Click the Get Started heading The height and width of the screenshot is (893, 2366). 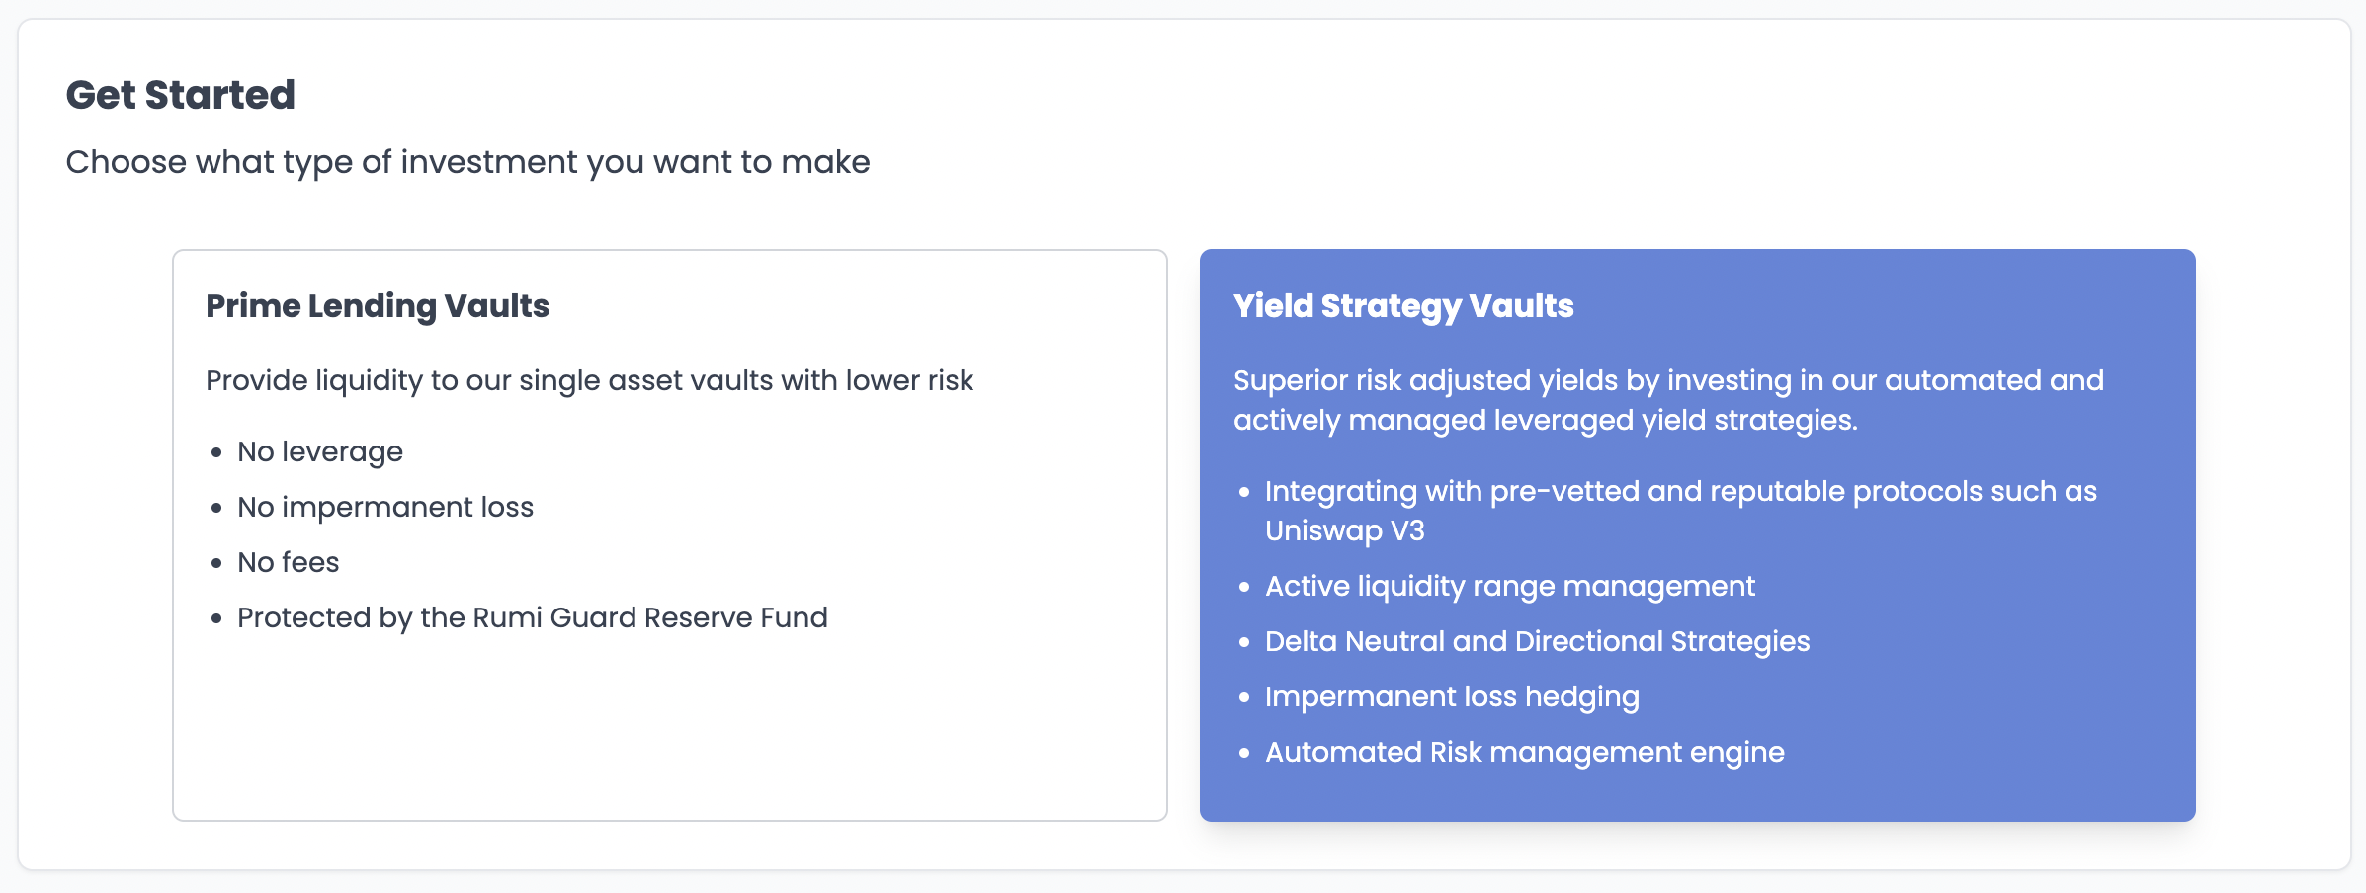[x=181, y=95]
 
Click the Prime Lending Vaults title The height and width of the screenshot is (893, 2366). [x=378, y=306]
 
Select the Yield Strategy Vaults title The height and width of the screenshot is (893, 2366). [x=1403, y=306]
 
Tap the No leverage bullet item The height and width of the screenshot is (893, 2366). [x=320, y=452]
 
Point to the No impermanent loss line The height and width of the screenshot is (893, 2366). [x=385, y=508]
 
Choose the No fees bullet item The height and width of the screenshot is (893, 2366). [x=289, y=563]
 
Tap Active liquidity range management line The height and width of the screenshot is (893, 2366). [x=1510, y=587]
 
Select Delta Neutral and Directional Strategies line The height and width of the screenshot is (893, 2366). [x=1538, y=642]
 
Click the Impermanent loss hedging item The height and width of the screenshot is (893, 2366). [x=1452, y=697]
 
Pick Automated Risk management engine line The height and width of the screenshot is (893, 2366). [x=1525, y=753]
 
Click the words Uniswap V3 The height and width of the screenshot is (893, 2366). [x=1345, y=531]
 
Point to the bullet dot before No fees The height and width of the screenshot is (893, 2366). [x=216, y=564]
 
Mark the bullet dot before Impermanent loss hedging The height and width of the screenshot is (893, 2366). [x=1244, y=698]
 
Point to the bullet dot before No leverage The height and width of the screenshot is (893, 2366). [x=216, y=453]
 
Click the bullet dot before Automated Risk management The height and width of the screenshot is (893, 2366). [x=1244, y=754]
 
